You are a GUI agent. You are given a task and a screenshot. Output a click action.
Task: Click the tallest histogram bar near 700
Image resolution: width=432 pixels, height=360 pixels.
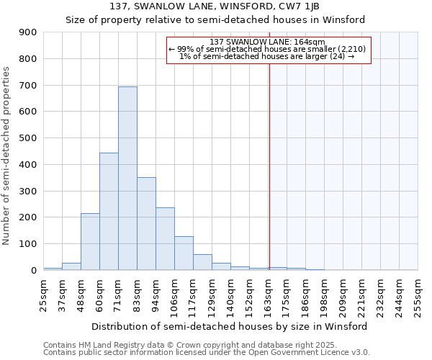pyautogui.click(x=127, y=178)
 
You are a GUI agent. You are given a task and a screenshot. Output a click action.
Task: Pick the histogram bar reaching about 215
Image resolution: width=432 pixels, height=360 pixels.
pyautogui.click(x=90, y=241)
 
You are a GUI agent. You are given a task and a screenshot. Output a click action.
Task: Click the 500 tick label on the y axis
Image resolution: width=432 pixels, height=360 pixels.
pyautogui.click(x=27, y=138)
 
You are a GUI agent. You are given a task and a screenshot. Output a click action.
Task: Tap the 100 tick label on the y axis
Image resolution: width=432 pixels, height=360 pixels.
pyautogui.click(x=27, y=244)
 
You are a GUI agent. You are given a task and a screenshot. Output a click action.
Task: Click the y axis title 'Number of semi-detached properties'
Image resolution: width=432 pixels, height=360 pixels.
pyautogui.click(x=7, y=156)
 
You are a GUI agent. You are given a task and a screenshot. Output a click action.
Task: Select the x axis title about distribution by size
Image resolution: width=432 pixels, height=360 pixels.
pyautogui.click(x=230, y=326)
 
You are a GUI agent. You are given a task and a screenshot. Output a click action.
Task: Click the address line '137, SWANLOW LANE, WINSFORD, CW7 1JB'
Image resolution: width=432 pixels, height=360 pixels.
pyautogui.click(x=215, y=6)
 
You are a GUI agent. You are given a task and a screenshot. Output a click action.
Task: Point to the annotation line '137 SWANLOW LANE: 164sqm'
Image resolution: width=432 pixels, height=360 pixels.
pyautogui.click(x=269, y=42)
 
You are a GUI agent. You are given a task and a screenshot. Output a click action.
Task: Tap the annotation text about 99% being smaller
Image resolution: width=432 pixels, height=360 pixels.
pyautogui.click(x=268, y=49)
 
